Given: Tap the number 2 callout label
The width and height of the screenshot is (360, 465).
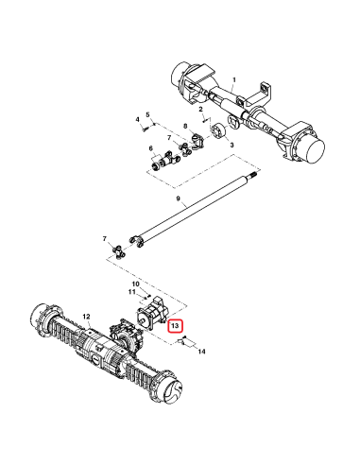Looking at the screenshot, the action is point(201,112).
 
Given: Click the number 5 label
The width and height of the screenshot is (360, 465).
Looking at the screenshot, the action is point(148,114).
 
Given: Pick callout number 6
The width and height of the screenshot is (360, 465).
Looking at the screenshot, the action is point(151,148).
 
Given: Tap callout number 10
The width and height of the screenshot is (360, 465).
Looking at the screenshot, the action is point(135,284).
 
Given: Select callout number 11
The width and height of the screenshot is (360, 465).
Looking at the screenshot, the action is point(132,293).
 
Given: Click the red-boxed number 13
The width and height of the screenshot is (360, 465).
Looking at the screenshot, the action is point(173,325).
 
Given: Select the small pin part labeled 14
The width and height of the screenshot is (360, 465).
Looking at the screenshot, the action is point(185,342).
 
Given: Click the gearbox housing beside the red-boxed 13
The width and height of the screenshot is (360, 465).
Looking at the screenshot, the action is point(151,318).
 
